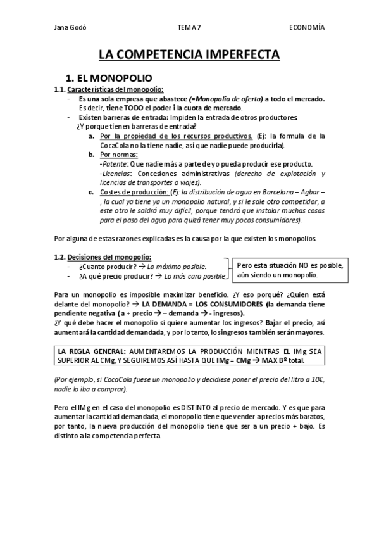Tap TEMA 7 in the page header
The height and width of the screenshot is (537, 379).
189,27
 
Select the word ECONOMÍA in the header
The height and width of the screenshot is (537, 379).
307,27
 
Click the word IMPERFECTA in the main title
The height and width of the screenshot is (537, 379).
240,55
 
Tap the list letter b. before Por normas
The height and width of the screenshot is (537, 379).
92,155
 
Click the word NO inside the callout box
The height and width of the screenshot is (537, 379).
297,265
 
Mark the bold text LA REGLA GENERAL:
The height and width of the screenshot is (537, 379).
92,351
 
